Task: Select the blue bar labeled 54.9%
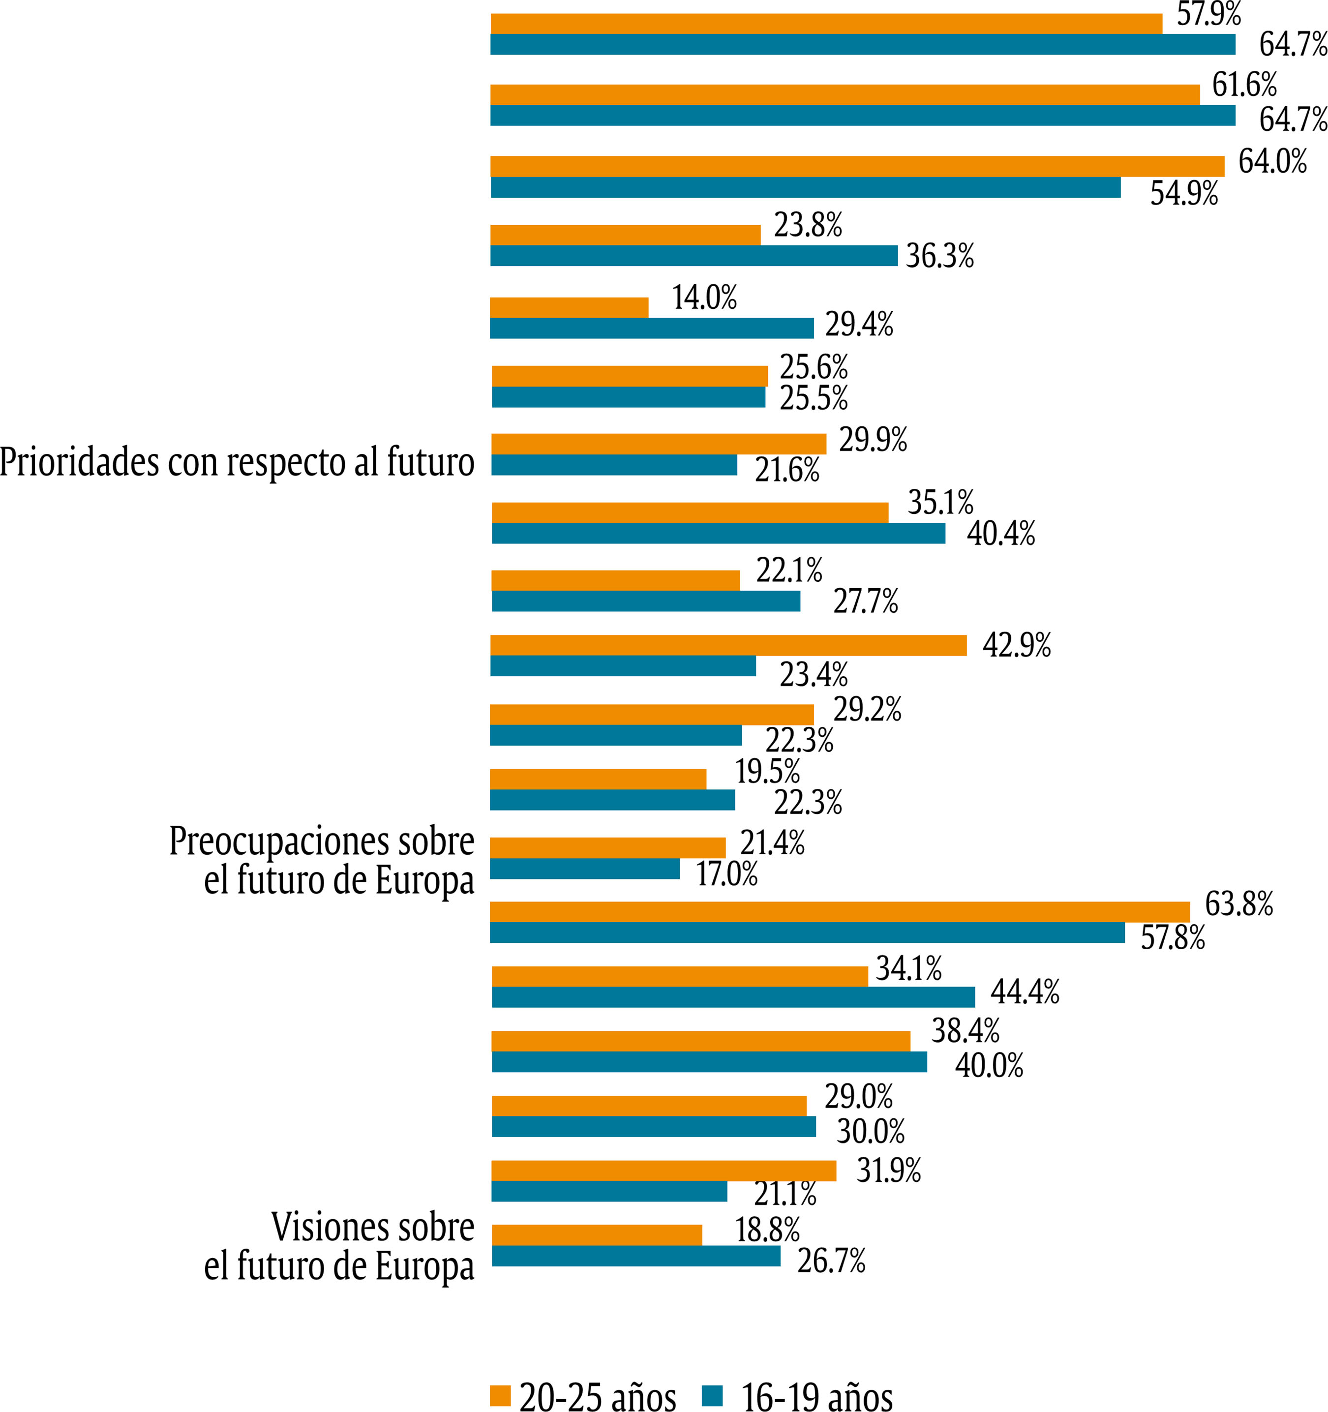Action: coord(805,187)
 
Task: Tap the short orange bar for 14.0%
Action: coord(569,307)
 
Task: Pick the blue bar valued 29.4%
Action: coord(652,328)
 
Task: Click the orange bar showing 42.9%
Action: coord(728,645)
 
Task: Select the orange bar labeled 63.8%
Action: coord(840,912)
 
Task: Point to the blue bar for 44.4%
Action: coord(733,997)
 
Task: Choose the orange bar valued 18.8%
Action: coord(597,1235)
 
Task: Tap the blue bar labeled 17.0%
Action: coord(584,869)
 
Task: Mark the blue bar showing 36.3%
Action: coord(694,256)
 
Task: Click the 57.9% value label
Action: coord(1208,14)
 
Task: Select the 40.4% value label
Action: coord(1000,534)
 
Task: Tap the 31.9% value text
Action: coord(888,1170)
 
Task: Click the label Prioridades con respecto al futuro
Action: coord(237,462)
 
